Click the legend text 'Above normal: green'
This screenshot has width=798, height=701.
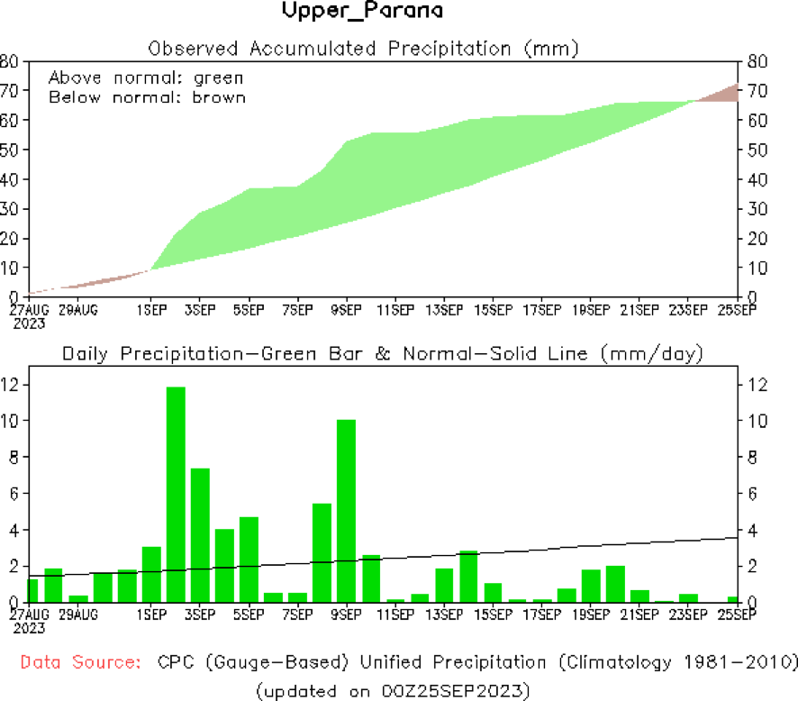[145, 77]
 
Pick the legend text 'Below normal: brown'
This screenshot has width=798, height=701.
[146, 97]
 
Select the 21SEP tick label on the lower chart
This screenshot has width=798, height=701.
[640, 615]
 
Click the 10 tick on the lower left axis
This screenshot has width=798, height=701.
[11, 421]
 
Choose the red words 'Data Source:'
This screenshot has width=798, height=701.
[80, 663]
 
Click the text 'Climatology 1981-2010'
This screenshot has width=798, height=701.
[676, 663]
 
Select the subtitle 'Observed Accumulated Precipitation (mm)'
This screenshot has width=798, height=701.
[363, 47]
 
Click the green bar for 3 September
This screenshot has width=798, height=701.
[200, 535]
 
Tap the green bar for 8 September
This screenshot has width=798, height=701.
[322, 552]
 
